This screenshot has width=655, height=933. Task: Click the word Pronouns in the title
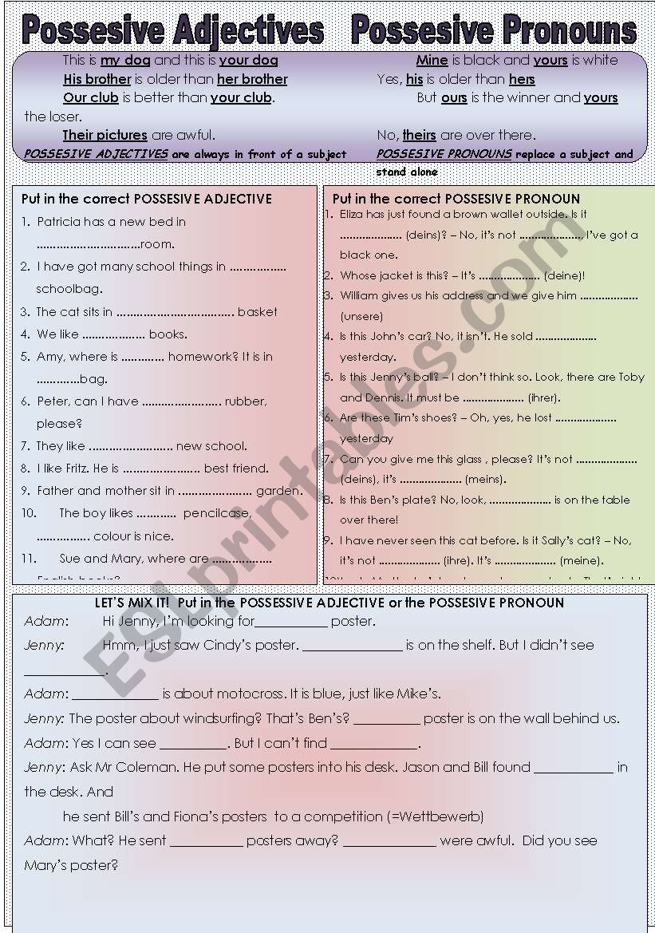(563, 30)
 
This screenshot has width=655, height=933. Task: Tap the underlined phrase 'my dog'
(125, 60)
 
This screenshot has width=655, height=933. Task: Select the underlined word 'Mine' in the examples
(432, 60)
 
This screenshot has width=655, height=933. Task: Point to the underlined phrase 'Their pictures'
(105, 135)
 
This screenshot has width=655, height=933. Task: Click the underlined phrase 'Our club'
(91, 97)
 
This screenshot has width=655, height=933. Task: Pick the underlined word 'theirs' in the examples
(419, 135)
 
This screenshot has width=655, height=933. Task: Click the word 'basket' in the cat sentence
(257, 312)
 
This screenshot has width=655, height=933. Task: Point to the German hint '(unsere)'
(361, 316)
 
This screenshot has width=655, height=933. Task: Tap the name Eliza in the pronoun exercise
(351, 214)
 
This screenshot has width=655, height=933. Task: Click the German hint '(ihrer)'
(544, 397)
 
